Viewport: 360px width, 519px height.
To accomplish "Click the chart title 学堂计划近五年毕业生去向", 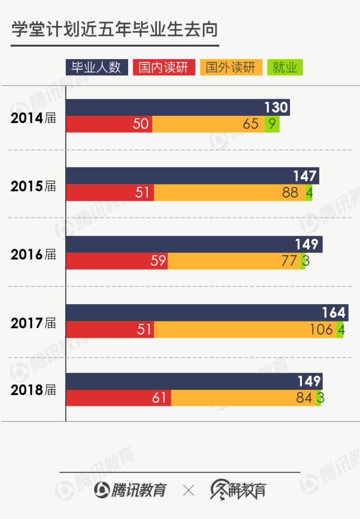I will click(x=115, y=30).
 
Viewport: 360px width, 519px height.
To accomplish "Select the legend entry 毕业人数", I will click(x=96, y=67).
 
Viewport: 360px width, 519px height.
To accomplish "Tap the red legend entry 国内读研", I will click(x=164, y=67).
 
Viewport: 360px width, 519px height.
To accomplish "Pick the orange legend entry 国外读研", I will click(x=231, y=67).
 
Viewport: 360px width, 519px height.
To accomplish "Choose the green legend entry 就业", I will click(x=285, y=67).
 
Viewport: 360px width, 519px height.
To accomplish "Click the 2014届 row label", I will click(x=33, y=118).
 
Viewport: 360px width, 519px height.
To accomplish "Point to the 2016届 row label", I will click(x=33, y=255).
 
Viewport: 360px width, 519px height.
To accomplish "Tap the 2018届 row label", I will click(x=33, y=390).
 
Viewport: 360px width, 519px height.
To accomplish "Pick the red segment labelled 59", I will click(x=117, y=261).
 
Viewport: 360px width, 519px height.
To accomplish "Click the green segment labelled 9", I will click(x=272, y=125).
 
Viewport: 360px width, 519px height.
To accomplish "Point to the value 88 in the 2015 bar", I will click(x=290, y=193).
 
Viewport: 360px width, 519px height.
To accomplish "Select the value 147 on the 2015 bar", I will click(x=304, y=176).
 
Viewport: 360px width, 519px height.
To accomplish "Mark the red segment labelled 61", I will click(x=118, y=398).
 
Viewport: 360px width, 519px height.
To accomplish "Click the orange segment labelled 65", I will click(x=208, y=125).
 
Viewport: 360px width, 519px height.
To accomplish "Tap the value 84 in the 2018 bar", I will click(x=304, y=398).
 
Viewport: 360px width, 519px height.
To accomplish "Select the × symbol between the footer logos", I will click(x=189, y=490).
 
